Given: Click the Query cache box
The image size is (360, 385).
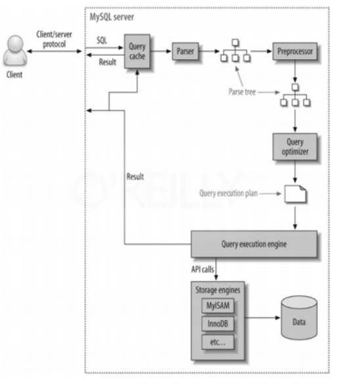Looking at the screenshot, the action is click(x=137, y=51).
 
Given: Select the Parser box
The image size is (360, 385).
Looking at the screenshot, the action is click(x=185, y=51).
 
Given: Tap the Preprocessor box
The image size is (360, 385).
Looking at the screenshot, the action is click(x=295, y=51).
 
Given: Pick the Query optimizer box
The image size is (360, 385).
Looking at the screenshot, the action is click(x=295, y=147).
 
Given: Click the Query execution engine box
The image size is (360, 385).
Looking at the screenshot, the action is click(x=254, y=244).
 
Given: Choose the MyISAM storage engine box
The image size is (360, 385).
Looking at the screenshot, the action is click(x=218, y=306).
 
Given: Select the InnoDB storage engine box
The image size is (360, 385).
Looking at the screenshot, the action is click(x=218, y=324).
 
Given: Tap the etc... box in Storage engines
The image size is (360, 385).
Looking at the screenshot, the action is click(x=218, y=342).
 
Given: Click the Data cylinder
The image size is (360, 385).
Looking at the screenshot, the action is click(x=299, y=318).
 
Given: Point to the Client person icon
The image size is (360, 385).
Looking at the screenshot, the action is click(x=15, y=51).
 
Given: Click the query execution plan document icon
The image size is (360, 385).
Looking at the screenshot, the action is click(x=295, y=194).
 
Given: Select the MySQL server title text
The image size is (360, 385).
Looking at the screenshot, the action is click(x=112, y=17).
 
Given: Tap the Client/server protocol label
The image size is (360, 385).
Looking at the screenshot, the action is click(x=55, y=39).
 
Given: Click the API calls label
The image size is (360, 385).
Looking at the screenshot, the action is click(x=202, y=269).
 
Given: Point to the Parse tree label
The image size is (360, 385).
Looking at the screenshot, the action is click(x=242, y=92).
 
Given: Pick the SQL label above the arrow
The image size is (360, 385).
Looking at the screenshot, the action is click(x=102, y=40).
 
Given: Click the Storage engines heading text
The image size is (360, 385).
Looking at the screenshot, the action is click(x=218, y=290).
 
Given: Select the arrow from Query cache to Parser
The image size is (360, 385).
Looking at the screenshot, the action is click(x=160, y=51).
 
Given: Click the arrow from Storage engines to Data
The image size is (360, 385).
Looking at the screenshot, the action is click(x=262, y=318).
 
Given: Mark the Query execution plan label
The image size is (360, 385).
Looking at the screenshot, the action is click(x=229, y=193).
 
